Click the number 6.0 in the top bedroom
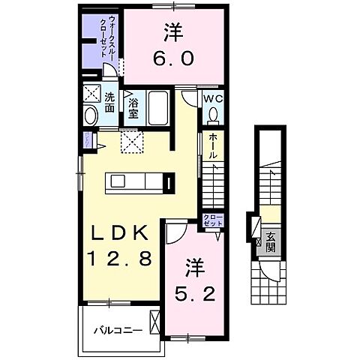coord(171,58)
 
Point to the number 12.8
coord(121,259)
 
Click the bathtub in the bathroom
coord(159,107)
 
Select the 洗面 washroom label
coord(109,103)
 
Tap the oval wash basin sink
coord(91,116)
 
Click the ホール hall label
coord(213,145)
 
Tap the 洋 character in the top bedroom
coord(171,32)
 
